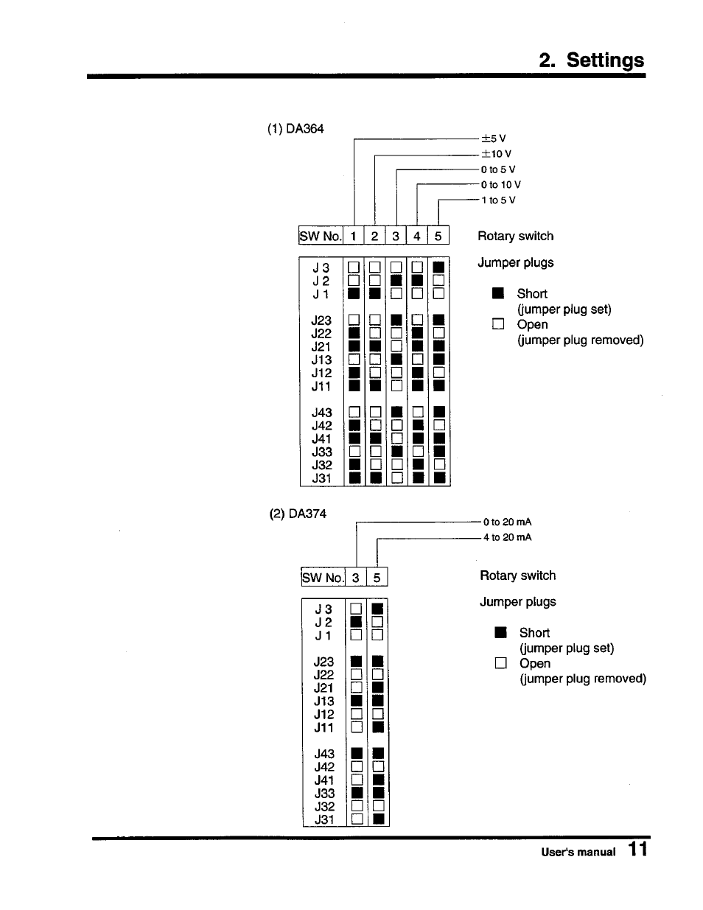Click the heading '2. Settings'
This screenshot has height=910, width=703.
591,60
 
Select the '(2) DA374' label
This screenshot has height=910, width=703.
297,514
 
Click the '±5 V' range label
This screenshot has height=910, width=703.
493,139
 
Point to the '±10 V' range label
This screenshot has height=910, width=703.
496,154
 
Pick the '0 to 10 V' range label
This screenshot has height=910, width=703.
500,185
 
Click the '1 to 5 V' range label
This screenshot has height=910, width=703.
498,200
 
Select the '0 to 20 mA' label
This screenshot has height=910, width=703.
507,522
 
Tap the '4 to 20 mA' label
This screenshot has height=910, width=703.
507,537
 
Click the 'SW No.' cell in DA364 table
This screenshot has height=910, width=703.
321,236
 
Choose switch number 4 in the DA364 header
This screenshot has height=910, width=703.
416,236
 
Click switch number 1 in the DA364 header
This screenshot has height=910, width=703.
354,236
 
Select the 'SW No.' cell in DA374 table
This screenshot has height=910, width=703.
323,578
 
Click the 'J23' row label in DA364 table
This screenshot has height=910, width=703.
321,321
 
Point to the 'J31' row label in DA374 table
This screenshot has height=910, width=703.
324,819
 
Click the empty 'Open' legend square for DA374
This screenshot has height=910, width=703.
501,663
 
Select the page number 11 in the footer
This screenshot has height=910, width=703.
638,850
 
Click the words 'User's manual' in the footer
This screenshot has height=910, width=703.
578,852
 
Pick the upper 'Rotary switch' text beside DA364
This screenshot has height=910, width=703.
515,236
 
